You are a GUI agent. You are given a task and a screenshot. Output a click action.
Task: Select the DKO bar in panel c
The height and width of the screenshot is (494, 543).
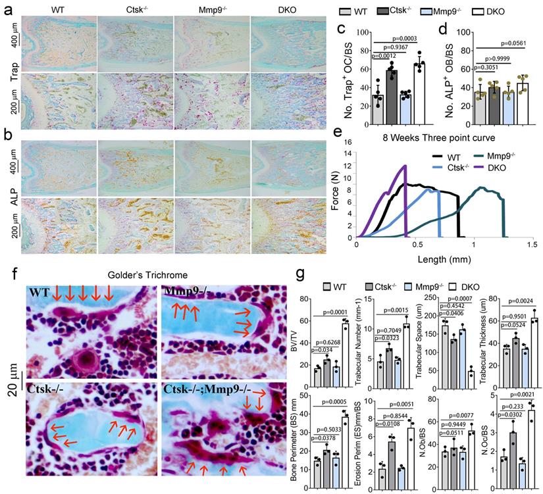pos(418,85)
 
